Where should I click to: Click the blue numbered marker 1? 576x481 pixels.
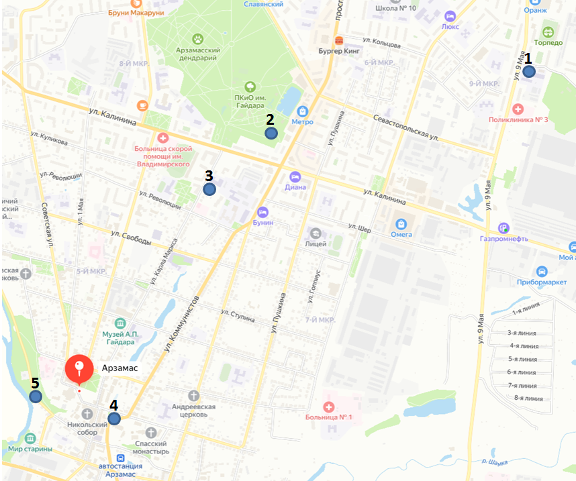[529, 72]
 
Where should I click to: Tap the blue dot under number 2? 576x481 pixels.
[271, 133]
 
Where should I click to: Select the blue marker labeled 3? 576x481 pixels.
[209, 189]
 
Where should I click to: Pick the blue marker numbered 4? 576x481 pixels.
[114, 419]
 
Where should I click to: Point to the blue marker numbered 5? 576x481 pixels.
[36, 396]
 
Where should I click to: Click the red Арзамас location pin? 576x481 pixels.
[79, 370]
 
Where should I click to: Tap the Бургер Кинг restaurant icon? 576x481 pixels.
[340, 40]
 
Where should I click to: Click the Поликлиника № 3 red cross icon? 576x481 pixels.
[518, 109]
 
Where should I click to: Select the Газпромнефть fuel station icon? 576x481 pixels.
[504, 227]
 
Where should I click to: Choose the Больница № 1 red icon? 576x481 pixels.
[328, 407]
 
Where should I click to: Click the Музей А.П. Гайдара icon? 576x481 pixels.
[120, 323]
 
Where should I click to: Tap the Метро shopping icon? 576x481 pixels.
[303, 111]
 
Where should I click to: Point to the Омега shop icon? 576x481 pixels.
[401, 223]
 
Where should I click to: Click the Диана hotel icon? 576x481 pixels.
[295, 176]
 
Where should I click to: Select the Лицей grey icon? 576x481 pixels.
[316, 233]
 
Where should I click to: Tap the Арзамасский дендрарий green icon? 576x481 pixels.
[198, 39]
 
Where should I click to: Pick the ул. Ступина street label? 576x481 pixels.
[238, 315]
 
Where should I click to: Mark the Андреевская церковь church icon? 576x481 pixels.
[194, 395]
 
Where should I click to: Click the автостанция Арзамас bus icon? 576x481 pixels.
[121, 458]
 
